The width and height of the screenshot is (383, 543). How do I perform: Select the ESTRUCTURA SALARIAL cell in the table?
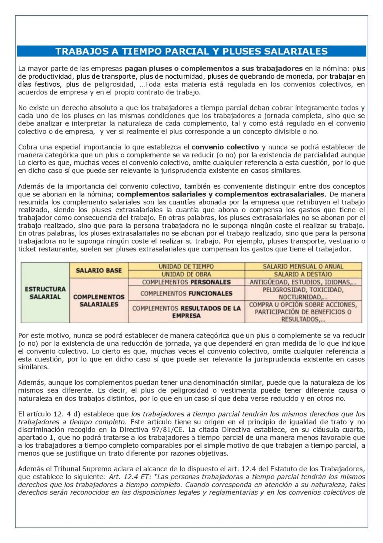45,293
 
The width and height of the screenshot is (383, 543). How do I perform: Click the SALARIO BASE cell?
98,270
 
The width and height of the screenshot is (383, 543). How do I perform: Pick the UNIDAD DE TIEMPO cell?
187,266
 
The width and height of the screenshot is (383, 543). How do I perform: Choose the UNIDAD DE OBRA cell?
187,274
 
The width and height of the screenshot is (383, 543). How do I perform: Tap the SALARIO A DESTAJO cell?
303,274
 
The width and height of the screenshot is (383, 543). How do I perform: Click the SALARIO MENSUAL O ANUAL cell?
303,266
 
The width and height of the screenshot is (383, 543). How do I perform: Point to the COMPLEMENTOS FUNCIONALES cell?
186,293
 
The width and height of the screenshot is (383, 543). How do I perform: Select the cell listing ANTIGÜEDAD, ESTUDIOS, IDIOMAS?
303,282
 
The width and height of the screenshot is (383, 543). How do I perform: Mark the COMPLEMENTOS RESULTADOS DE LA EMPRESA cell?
186,312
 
